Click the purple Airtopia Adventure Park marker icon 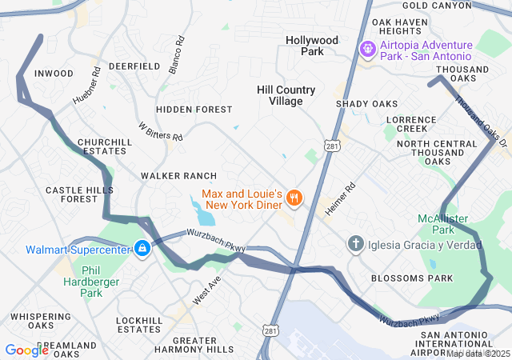(x=367, y=50)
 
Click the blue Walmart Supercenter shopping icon (x=142, y=250)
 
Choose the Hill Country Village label (x=286, y=95)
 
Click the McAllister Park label (x=442, y=224)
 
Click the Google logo (x=26, y=350)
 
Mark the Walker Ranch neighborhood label (x=178, y=175)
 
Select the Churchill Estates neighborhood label (x=104, y=146)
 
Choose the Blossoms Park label (x=412, y=278)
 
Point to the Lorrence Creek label (x=412, y=124)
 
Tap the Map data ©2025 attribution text (x=478, y=354)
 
